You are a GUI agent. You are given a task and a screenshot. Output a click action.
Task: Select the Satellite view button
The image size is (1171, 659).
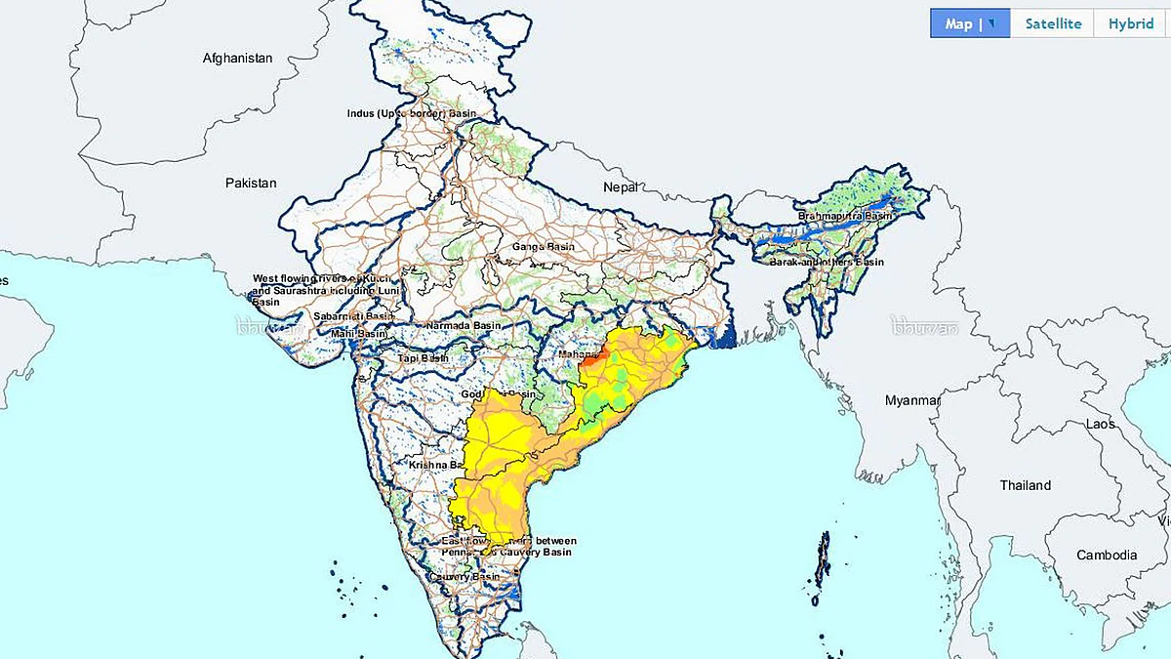[x=1053, y=24]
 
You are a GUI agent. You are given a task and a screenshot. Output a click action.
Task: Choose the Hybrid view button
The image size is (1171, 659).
[x=1130, y=24]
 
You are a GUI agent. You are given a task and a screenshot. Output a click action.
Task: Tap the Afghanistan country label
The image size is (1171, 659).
[x=237, y=59]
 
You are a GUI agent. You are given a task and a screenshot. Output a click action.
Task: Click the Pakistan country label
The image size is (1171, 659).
[x=251, y=183]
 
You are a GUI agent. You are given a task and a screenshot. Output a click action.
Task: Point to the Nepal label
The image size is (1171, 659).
[x=620, y=186]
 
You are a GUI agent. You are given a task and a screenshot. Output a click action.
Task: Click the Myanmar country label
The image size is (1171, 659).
[x=912, y=400]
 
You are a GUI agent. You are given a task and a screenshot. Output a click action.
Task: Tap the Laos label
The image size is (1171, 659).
[x=1101, y=425]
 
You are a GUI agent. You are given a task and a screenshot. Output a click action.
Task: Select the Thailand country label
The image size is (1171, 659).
[x=1026, y=485]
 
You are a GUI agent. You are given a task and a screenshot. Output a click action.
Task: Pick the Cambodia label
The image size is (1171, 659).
[x=1107, y=556]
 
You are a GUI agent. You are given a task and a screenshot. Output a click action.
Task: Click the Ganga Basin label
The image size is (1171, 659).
[x=544, y=247]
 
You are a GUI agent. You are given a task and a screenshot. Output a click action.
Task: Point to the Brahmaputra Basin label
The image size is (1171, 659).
[x=845, y=216]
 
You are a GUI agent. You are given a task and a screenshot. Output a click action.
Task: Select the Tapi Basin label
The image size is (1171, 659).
[x=422, y=358]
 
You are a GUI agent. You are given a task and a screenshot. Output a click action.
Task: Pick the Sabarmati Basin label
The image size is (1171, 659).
[x=353, y=316]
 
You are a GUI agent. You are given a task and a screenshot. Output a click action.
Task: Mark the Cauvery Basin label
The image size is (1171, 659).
[x=464, y=577]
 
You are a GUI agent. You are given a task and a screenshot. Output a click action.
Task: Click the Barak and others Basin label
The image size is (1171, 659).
[x=826, y=263]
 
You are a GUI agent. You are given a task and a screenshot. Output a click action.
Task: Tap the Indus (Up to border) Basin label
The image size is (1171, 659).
[x=412, y=114]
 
